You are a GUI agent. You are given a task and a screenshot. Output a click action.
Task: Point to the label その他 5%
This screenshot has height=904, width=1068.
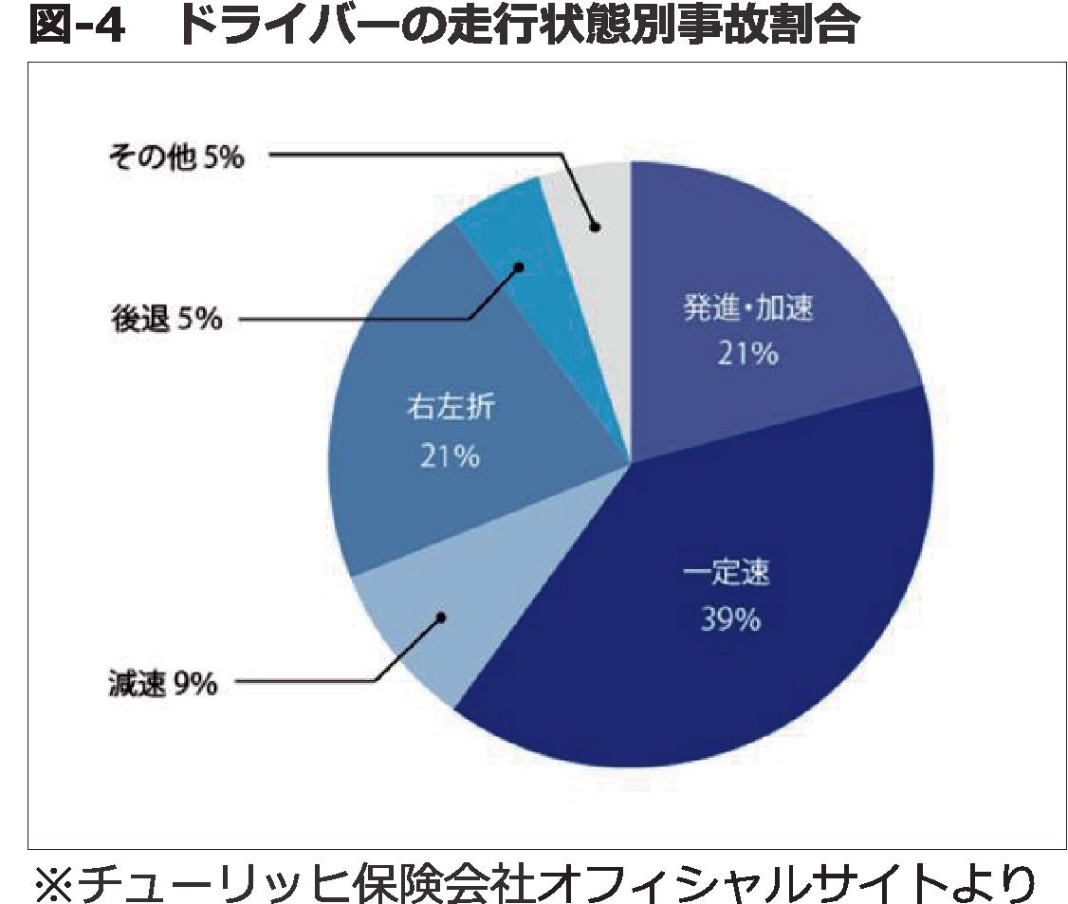(x=175, y=157)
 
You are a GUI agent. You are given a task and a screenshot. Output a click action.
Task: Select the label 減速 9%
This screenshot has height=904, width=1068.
(x=162, y=683)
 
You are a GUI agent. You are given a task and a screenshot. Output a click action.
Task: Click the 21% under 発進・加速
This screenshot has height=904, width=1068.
(x=747, y=355)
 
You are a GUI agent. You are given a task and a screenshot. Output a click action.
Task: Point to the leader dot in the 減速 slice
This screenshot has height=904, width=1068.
(x=441, y=618)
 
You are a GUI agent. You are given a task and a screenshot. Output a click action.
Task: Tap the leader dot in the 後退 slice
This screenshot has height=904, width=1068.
(x=519, y=268)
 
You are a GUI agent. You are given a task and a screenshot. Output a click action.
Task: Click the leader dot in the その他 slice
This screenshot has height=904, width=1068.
(x=595, y=227)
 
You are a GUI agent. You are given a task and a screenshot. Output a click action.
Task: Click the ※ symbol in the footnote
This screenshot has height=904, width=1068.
(x=55, y=879)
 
